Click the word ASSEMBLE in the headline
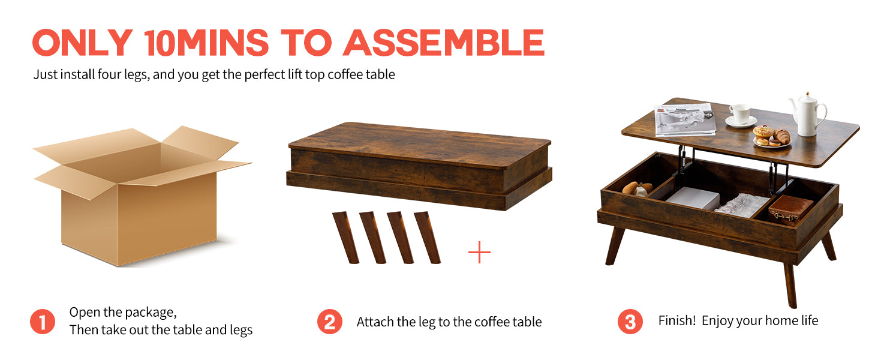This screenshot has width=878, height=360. point(443,43)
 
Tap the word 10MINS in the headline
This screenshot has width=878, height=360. point(207,43)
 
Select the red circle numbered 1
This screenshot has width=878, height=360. point(43,322)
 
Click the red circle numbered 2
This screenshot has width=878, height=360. point(330,322)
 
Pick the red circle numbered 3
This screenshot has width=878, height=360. point(630,322)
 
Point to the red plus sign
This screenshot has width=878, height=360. point(479,252)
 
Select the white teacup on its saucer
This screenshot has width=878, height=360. point(740,116)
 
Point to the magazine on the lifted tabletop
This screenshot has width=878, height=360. point(685,119)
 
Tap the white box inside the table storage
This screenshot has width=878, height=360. point(692,198)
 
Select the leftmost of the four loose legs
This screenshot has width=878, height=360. point(345,238)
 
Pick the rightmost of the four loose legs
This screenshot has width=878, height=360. point(427,238)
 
